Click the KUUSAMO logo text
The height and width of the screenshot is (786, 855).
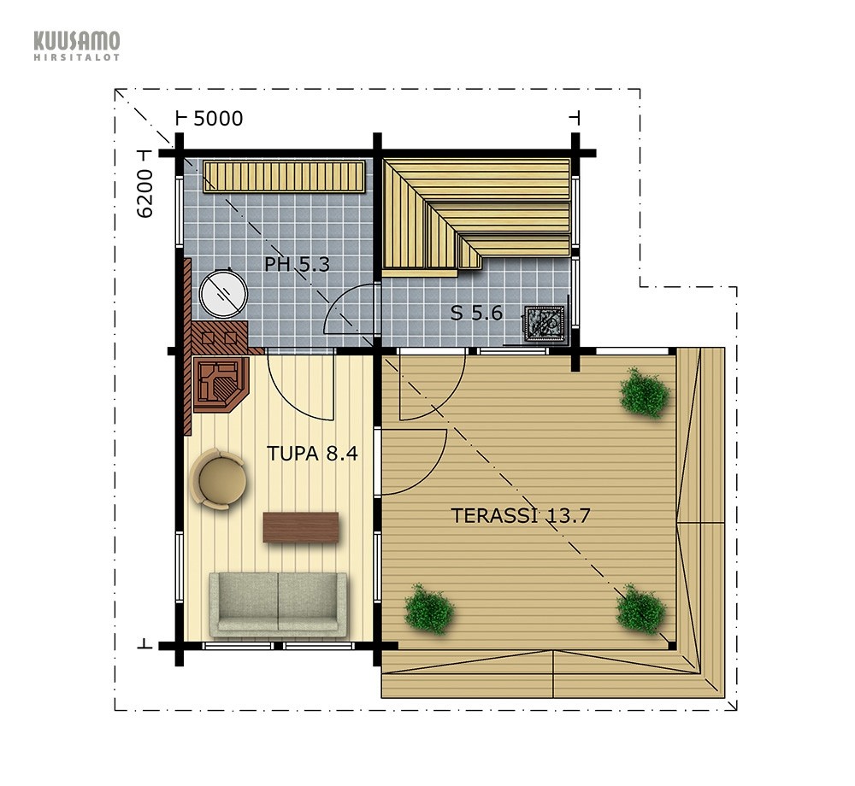[x=77, y=41]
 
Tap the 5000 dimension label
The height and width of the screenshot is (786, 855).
[x=218, y=118]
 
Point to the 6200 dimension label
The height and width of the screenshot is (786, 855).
[x=145, y=194]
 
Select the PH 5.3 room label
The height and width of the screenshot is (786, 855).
[x=298, y=264]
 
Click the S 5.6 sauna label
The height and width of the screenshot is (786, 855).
[x=476, y=314]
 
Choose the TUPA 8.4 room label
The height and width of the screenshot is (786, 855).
[x=312, y=453]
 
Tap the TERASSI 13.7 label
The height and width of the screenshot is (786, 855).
[x=521, y=515]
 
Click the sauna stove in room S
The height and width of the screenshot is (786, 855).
[x=544, y=323]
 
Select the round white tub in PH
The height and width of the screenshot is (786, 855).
[x=223, y=294]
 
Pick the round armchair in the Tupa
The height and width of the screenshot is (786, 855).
[x=218, y=479]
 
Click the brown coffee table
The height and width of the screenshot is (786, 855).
[x=300, y=527]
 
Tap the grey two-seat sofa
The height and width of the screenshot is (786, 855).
[x=278, y=605]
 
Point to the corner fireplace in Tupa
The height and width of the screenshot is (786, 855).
[x=221, y=384]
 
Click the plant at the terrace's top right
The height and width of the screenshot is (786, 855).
[x=645, y=392]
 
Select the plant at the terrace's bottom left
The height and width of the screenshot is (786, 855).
[x=429, y=609]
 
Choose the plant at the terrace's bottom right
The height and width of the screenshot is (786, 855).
[x=640, y=609]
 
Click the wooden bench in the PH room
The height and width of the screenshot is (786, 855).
[x=284, y=176]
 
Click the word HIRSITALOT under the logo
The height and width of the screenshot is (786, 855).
[x=77, y=56]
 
